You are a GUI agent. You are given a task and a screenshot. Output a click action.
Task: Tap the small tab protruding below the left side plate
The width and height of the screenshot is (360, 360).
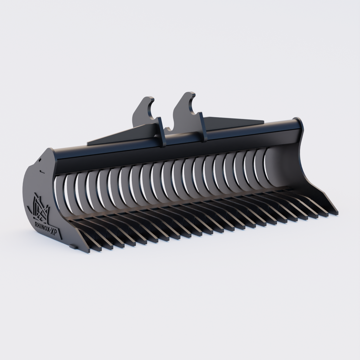point(72,247)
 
